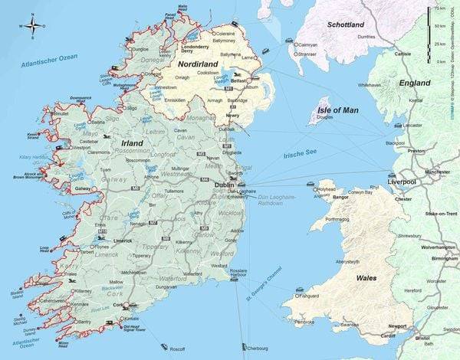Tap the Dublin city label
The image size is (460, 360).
click(225, 185)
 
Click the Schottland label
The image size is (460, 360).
click(345, 25)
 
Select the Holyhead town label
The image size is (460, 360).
click(305, 188)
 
